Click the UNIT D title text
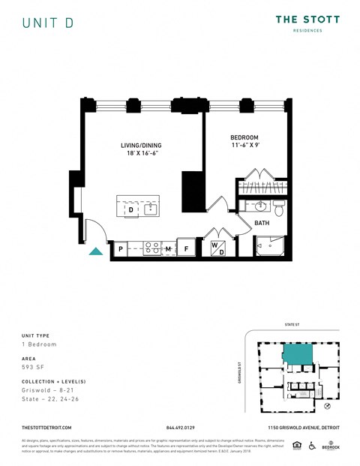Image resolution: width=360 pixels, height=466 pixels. click(x=47, y=23)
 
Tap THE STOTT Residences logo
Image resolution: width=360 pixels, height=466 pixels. click(x=307, y=23)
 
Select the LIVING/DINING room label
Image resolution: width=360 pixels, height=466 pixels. click(x=141, y=149)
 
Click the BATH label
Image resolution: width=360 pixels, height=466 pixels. click(x=262, y=223)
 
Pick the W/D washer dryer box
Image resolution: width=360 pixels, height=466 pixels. click(x=217, y=248)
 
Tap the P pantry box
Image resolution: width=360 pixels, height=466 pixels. click(x=119, y=248)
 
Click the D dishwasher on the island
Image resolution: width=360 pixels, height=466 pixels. click(x=130, y=209)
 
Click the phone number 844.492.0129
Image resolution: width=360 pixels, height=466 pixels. click(x=180, y=427)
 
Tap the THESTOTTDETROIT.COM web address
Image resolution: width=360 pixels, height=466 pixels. click(x=47, y=427)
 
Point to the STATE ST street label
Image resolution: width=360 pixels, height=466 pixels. click(x=292, y=326)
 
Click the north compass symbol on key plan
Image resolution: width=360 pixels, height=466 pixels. click(x=327, y=405)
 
